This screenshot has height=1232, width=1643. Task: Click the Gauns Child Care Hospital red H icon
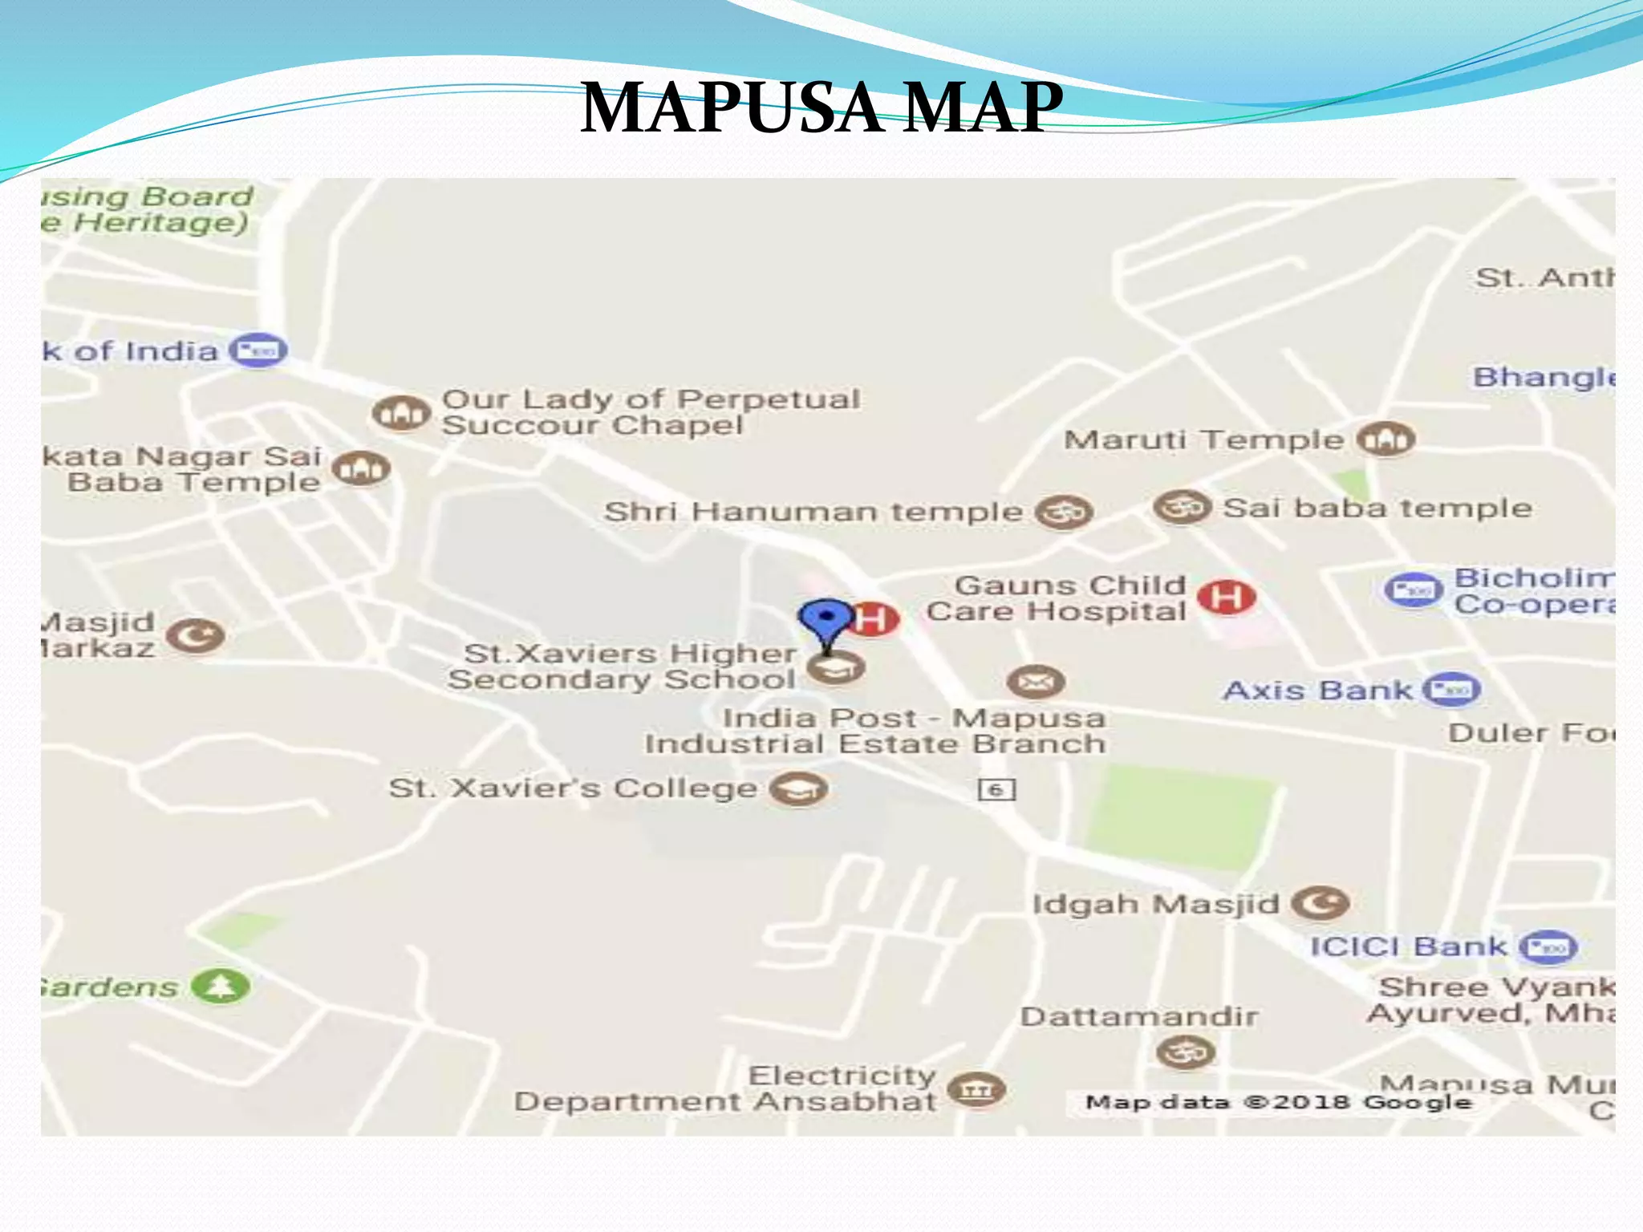[x=1226, y=597]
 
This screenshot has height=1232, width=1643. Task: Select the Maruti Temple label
[x=1203, y=440]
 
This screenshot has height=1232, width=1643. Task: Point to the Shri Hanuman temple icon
[x=1064, y=512]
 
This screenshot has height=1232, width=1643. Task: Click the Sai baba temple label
[x=1377, y=508]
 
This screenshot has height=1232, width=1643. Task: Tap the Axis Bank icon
[x=1451, y=690]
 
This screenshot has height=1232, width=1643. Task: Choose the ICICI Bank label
[x=1408, y=946]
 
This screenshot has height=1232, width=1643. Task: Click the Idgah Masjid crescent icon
[x=1320, y=904]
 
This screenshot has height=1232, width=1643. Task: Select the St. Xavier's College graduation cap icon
[x=798, y=789]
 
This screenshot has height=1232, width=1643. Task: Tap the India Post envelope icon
[x=1036, y=683]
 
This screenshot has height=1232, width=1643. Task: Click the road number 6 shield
[x=996, y=790]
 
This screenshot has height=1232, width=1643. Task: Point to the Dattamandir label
[x=1139, y=1016]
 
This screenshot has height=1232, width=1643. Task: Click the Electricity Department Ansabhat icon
[x=976, y=1089]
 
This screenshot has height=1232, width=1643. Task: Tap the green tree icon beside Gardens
[x=221, y=986]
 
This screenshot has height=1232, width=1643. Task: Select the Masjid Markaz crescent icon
[x=195, y=636]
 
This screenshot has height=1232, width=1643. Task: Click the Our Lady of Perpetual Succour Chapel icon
[x=400, y=413]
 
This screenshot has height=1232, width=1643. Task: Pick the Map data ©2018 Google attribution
[x=1278, y=1102]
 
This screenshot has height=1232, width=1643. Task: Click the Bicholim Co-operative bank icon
[x=1414, y=590]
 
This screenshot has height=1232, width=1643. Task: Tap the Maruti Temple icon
[x=1385, y=439]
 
